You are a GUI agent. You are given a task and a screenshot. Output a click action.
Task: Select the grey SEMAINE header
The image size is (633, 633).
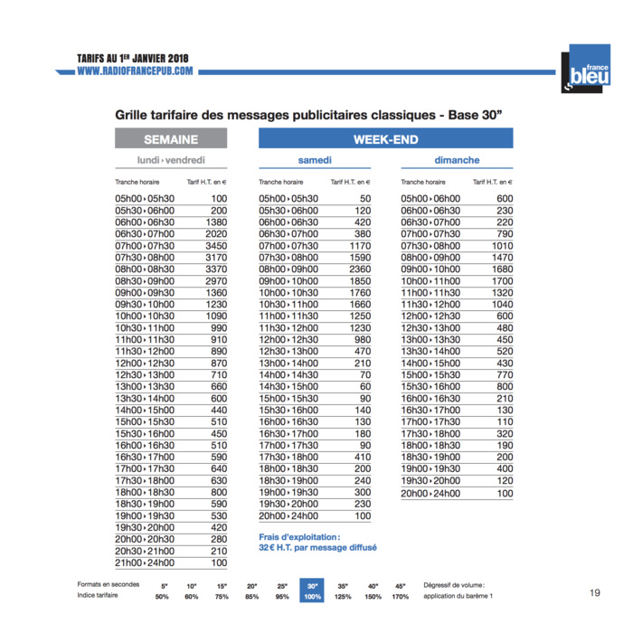pos(171,139)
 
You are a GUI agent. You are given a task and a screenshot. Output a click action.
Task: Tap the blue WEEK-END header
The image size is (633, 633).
pos(385,139)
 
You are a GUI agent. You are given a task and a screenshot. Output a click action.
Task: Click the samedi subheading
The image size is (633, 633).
pos(315,161)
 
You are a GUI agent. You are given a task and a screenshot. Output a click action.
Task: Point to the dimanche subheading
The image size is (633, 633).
pos(457,161)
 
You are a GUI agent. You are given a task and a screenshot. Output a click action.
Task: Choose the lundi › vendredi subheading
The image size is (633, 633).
pos(171,161)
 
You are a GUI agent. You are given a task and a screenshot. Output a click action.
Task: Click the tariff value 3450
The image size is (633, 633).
pos(213,245)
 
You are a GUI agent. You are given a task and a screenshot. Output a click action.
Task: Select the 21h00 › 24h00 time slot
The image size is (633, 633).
pos(145,563)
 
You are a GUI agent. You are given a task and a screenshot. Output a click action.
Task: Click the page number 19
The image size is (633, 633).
pos(594,593)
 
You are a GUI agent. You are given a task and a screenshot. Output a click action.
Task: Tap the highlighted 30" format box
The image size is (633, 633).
pos(313,590)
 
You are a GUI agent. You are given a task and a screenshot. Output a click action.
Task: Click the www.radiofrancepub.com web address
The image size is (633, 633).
pos(135,71)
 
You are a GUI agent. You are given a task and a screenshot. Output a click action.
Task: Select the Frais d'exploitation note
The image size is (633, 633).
pos(316,542)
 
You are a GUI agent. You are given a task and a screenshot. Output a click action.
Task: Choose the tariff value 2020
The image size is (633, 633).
pos(213,233)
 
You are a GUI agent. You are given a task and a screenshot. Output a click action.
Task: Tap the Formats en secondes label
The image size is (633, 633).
pos(109,585)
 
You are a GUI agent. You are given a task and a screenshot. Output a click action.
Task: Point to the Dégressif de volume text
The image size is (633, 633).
pos(460,585)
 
